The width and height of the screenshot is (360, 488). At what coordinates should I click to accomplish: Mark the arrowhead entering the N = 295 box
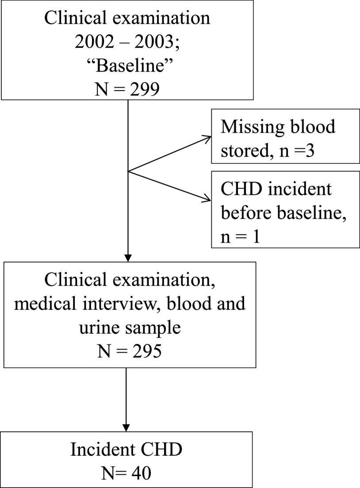(x=127, y=258)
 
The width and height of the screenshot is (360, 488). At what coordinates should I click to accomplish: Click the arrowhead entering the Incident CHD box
(x=127, y=427)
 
